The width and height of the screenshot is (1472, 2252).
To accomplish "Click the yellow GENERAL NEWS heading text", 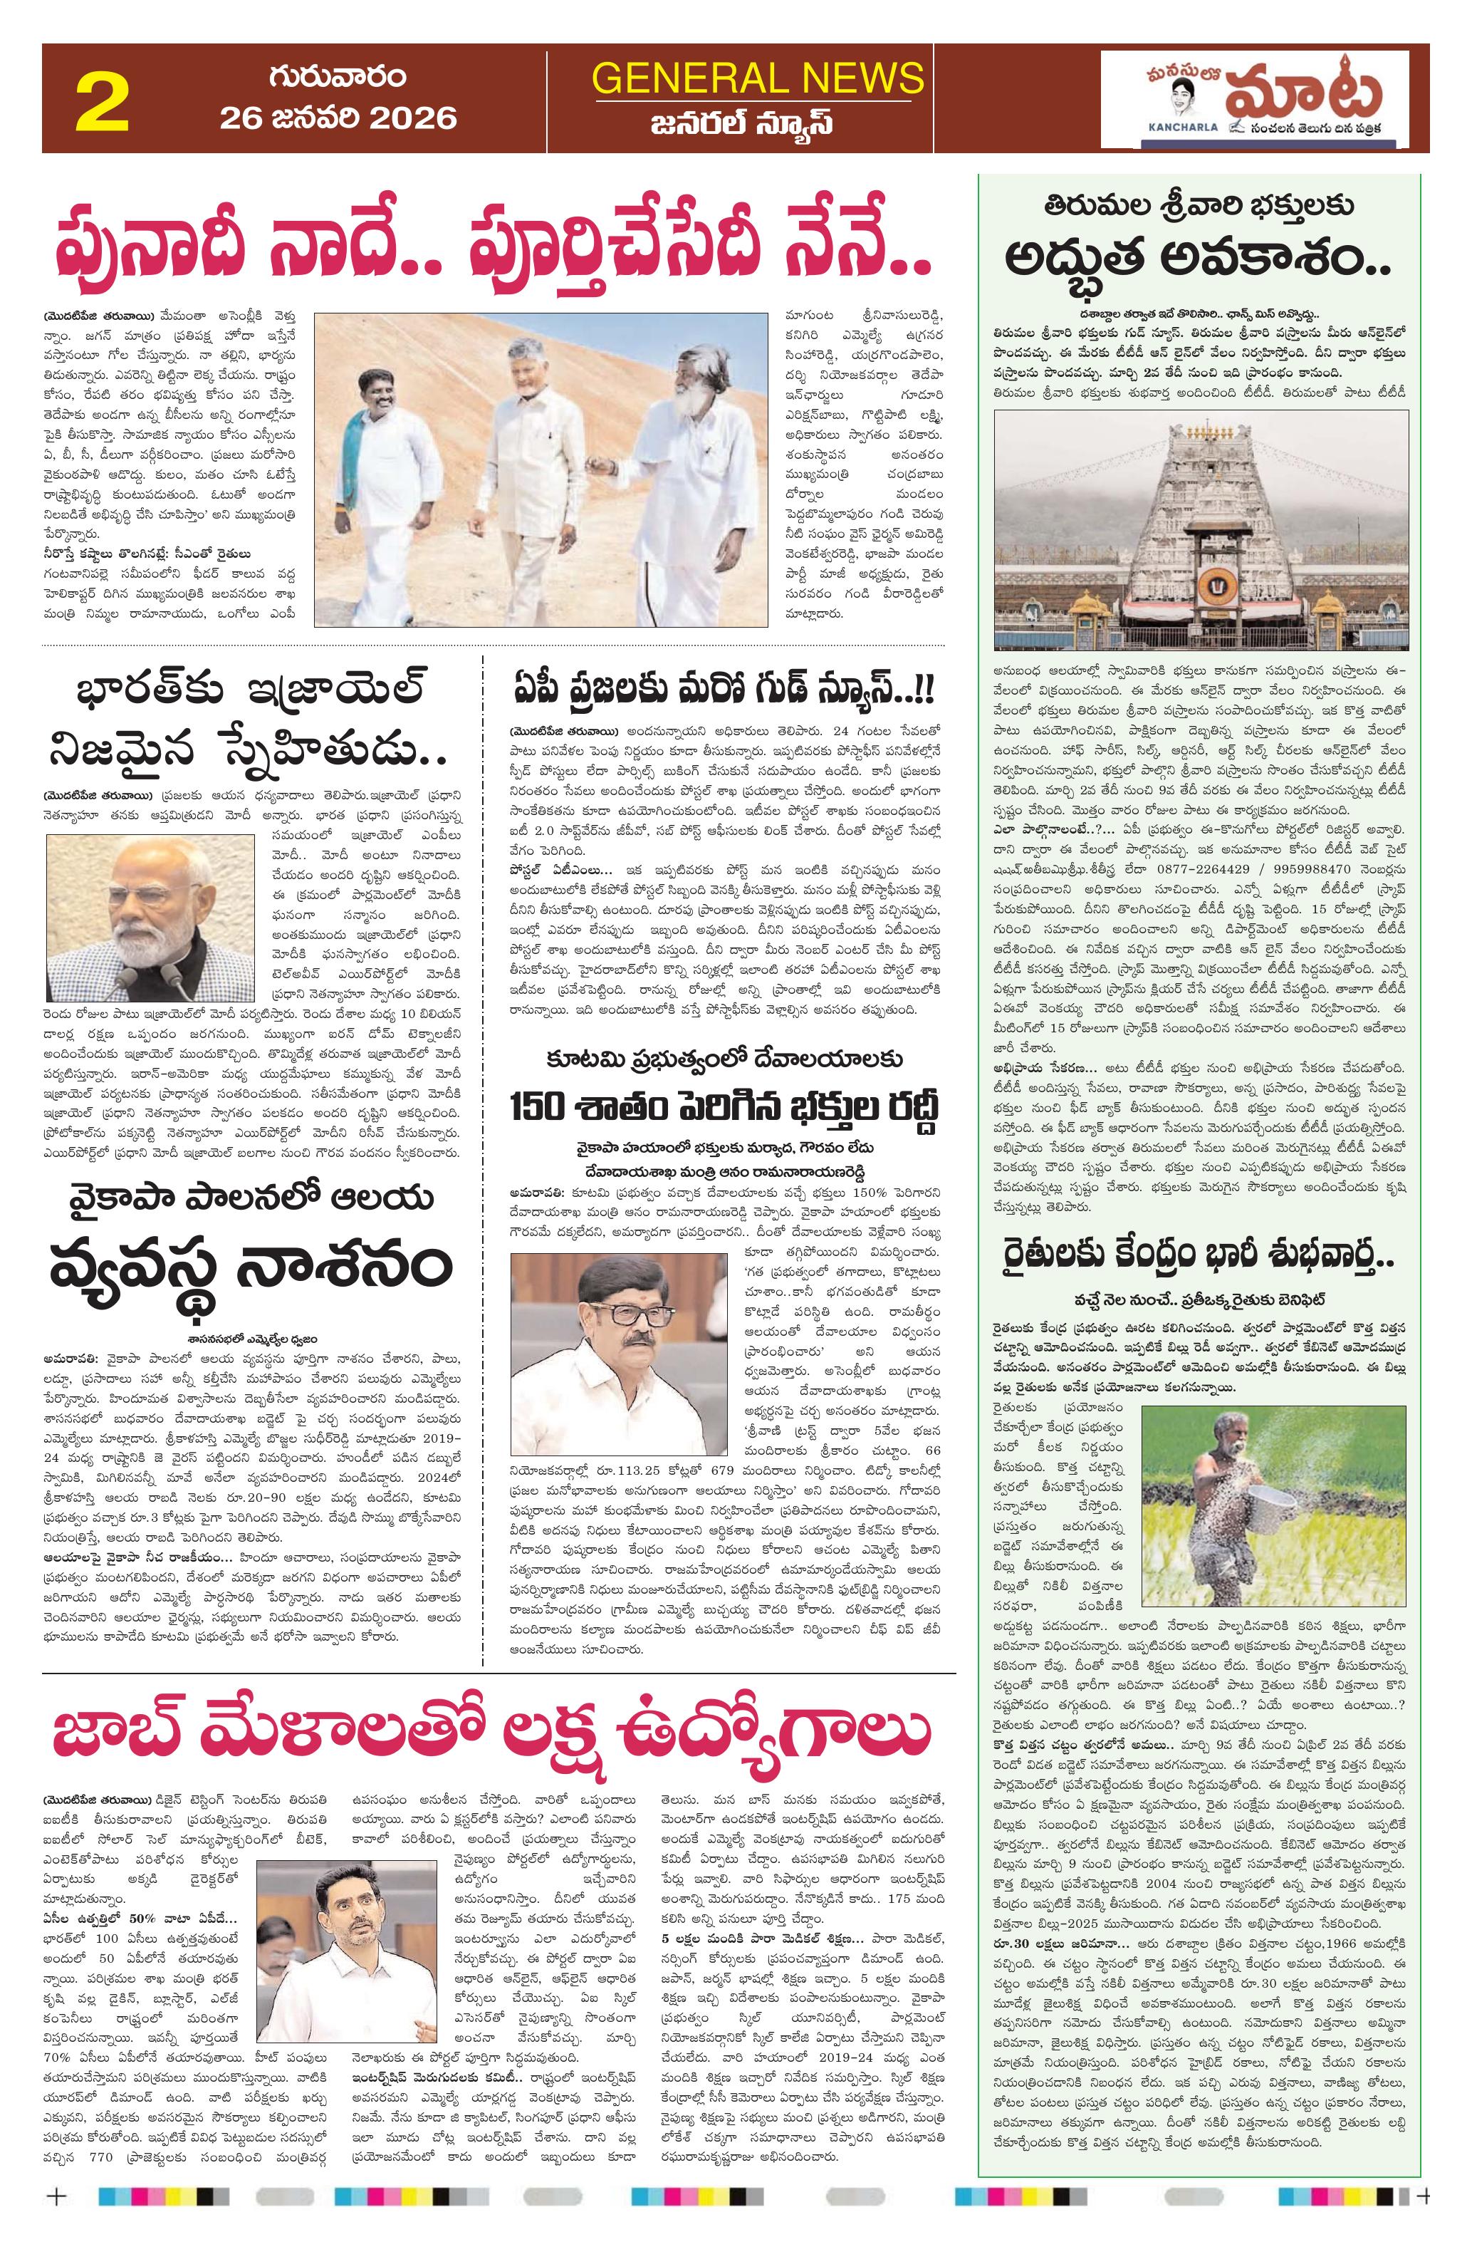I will [758, 78].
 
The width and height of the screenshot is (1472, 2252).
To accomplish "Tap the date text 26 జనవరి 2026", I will [338, 118].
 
